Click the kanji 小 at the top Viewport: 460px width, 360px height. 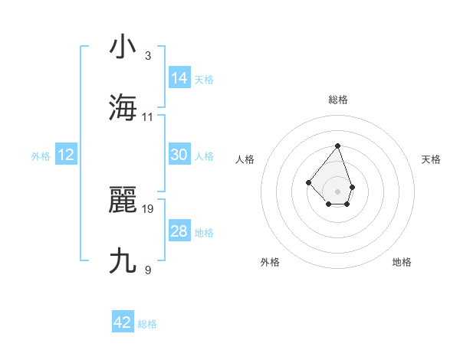[123, 47]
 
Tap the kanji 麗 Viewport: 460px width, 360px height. [123, 200]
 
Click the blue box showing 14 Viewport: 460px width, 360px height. [179, 77]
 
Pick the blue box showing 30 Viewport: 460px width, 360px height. [179, 154]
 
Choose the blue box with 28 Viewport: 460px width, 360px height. [179, 231]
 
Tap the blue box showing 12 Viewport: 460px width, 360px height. [66, 155]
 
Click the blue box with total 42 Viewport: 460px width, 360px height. [123, 322]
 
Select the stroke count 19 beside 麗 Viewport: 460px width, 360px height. [148, 208]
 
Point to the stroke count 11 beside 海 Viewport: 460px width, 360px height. [148, 116]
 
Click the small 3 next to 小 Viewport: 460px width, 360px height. [148, 55]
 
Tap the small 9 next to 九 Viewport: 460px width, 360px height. [148, 270]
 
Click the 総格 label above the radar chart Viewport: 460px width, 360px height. [337, 100]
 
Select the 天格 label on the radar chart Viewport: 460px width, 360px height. [431, 159]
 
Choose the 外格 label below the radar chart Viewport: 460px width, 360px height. [270, 262]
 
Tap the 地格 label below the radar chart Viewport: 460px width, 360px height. [402, 262]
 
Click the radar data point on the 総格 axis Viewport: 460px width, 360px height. [337, 146]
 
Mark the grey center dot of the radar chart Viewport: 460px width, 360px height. [337, 191]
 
